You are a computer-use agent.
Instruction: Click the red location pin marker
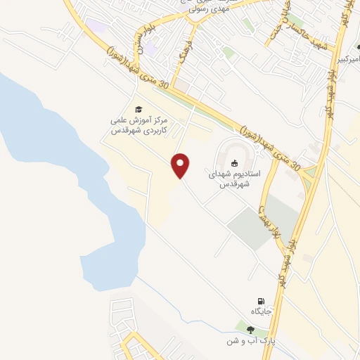click(181, 165)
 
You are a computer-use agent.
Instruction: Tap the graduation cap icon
click(139, 108)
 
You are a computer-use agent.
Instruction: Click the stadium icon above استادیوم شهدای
click(235, 164)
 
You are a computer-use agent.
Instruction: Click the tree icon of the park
click(251, 329)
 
